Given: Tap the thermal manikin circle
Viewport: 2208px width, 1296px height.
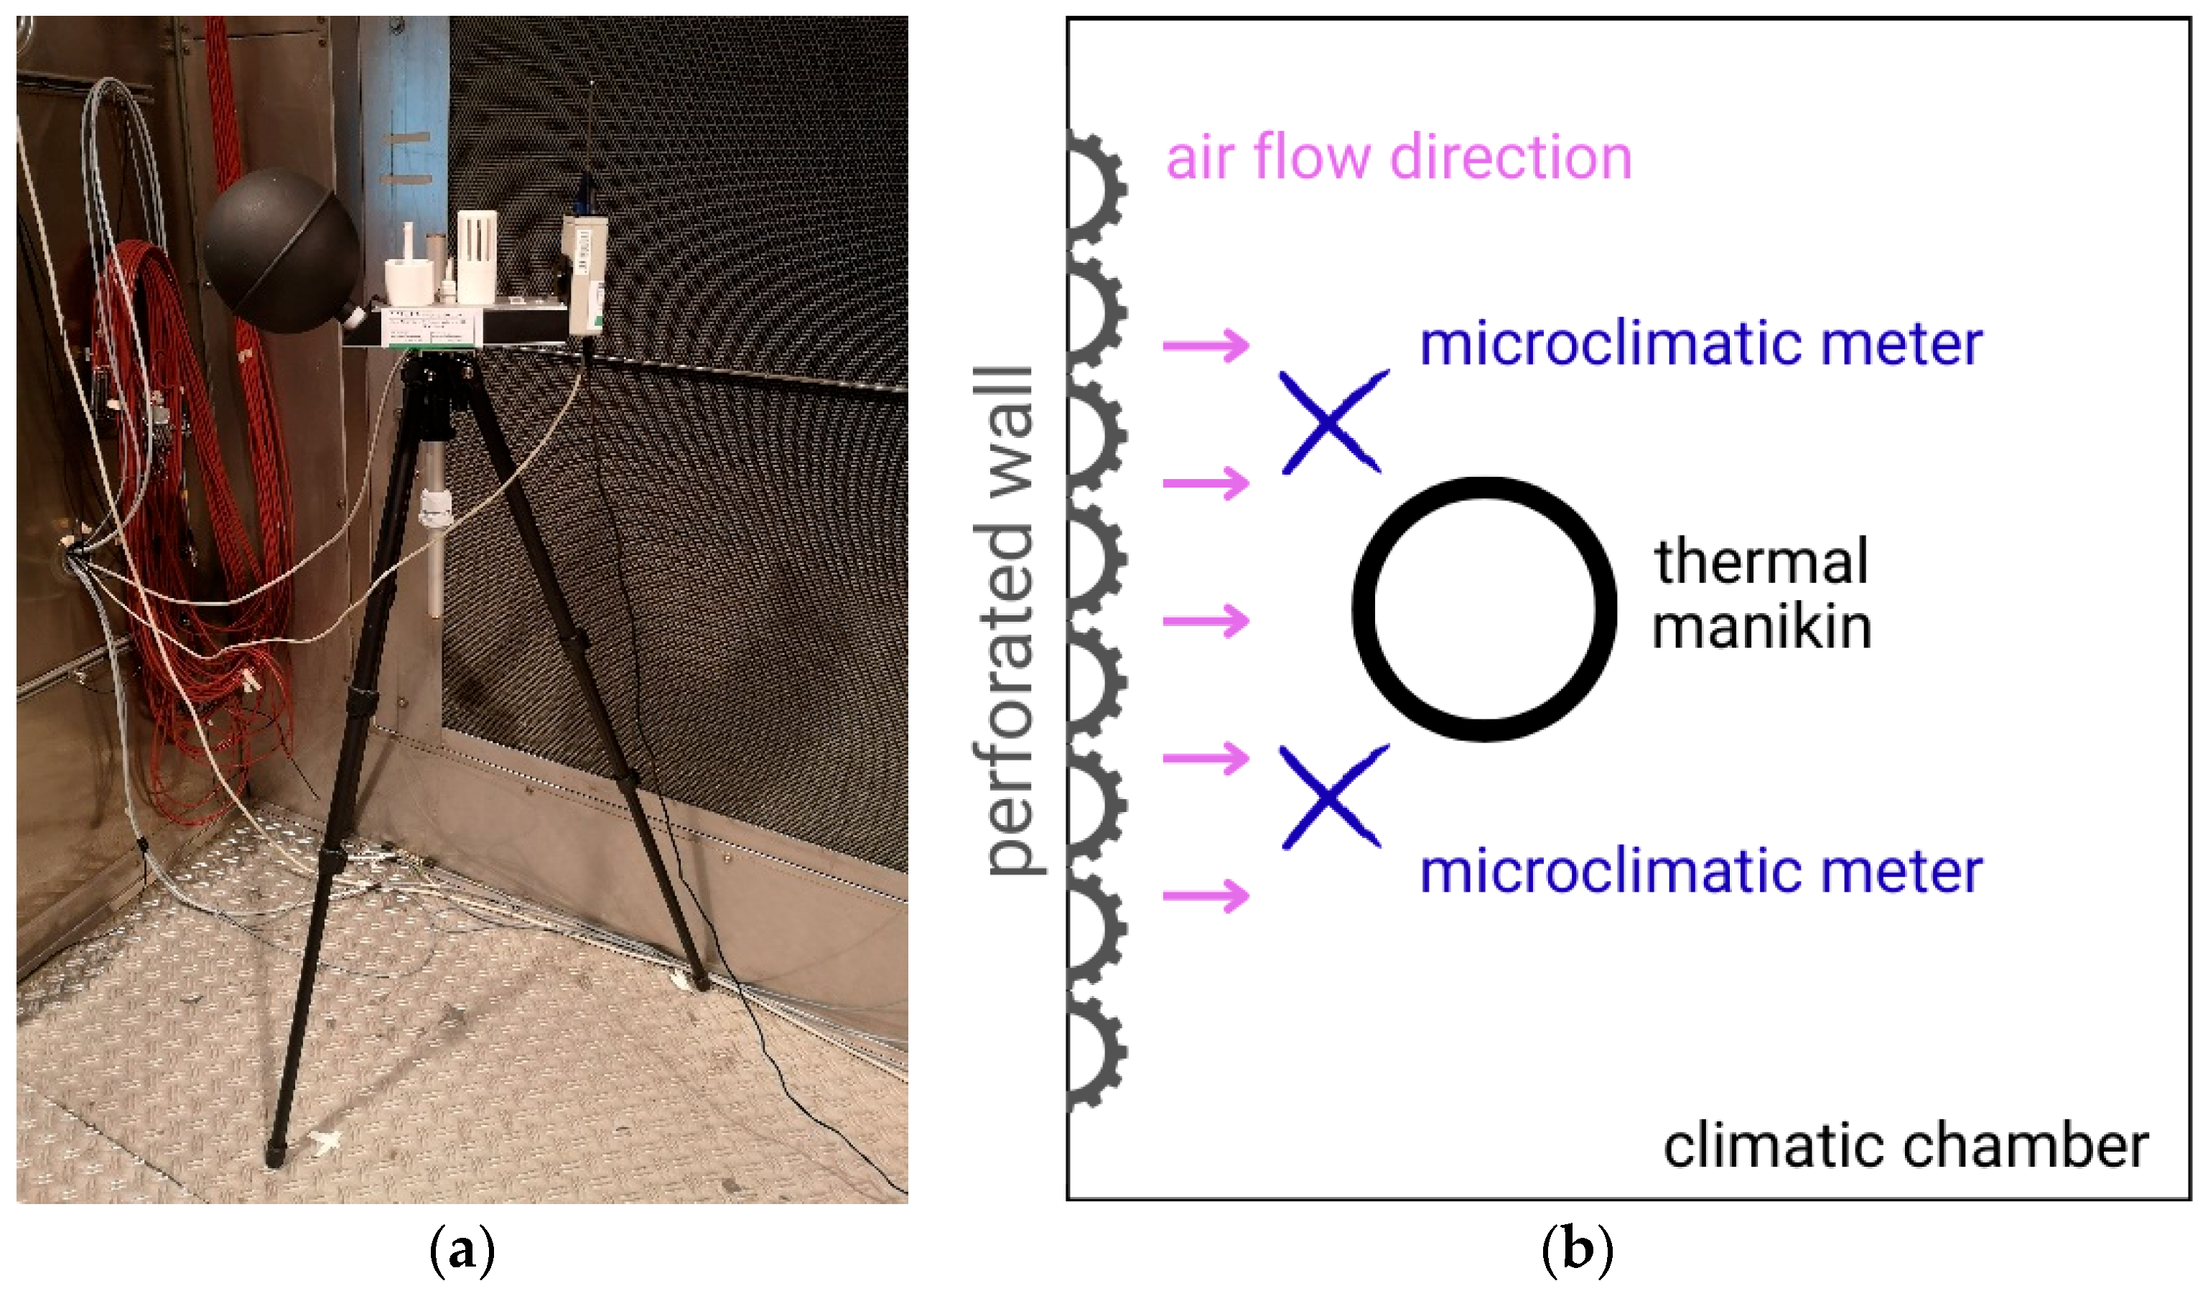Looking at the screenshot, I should point(1483,609).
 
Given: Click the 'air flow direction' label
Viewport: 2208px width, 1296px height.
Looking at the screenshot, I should point(1399,158).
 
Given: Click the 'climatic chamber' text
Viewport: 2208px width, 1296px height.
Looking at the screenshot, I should point(1905,1146).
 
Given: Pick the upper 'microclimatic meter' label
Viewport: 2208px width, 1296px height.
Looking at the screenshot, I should point(1700,345).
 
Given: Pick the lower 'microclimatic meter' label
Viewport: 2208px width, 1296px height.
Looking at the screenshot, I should point(1700,873).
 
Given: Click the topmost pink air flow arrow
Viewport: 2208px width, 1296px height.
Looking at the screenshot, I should point(1206,345).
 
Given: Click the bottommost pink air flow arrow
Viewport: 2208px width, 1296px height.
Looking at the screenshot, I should point(1206,895).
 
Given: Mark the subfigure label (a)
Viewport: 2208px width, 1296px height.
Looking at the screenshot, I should point(462,1251).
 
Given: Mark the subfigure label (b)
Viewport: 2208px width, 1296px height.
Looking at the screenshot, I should point(1577,1251).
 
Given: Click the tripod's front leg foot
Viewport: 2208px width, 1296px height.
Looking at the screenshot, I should point(275,1155).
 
